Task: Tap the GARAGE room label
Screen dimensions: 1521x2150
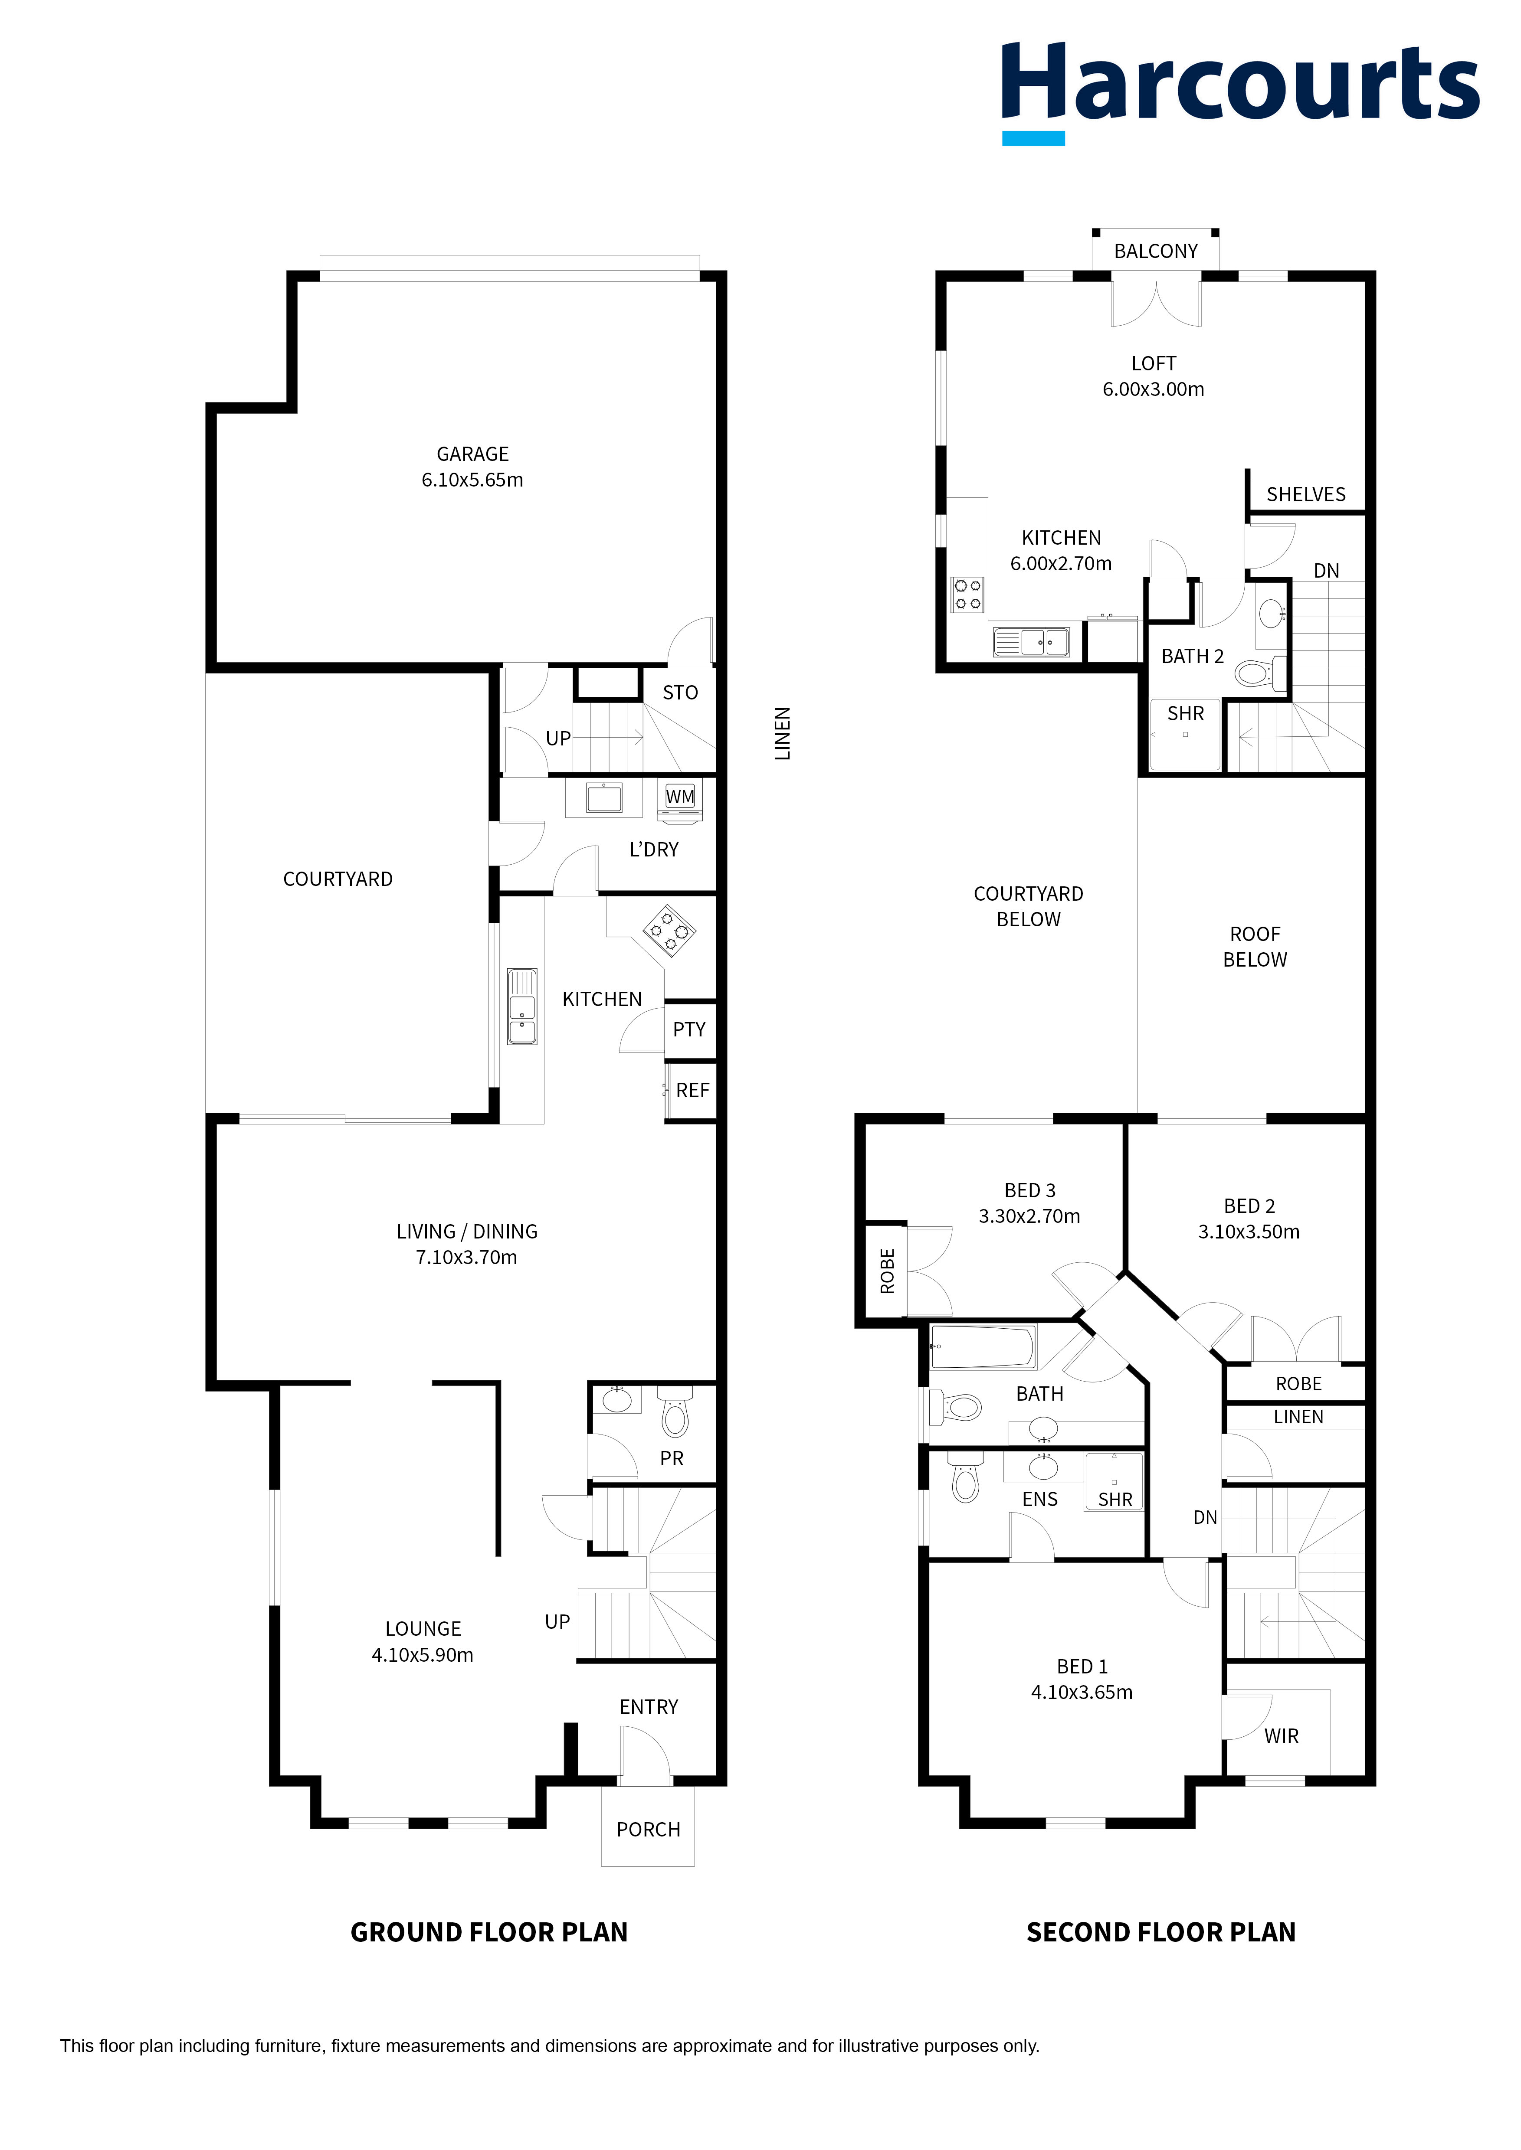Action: tap(473, 454)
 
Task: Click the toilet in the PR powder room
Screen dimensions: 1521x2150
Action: tap(674, 1411)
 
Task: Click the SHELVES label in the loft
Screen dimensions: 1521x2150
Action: tap(1305, 494)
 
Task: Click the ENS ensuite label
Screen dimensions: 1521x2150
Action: tap(1039, 1499)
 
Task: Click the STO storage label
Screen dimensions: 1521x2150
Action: tap(680, 693)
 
